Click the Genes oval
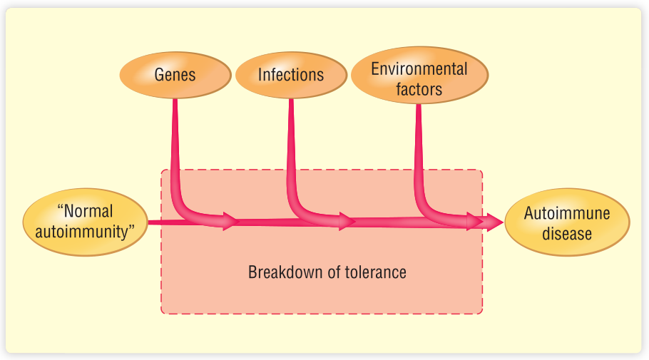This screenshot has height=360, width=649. click(174, 75)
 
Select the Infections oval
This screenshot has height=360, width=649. click(290, 75)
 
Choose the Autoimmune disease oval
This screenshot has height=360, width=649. click(567, 223)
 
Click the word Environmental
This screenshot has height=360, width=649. click(419, 69)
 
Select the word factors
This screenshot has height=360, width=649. click(419, 89)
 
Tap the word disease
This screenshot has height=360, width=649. click(567, 233)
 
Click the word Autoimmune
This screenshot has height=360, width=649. click(567, 213)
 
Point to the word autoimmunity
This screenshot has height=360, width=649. click(85, 231)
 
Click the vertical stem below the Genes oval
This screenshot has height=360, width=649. click(174, 143)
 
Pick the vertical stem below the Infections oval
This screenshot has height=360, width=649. click(291, 143)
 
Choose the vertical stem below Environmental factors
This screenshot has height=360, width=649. click(419, 143)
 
